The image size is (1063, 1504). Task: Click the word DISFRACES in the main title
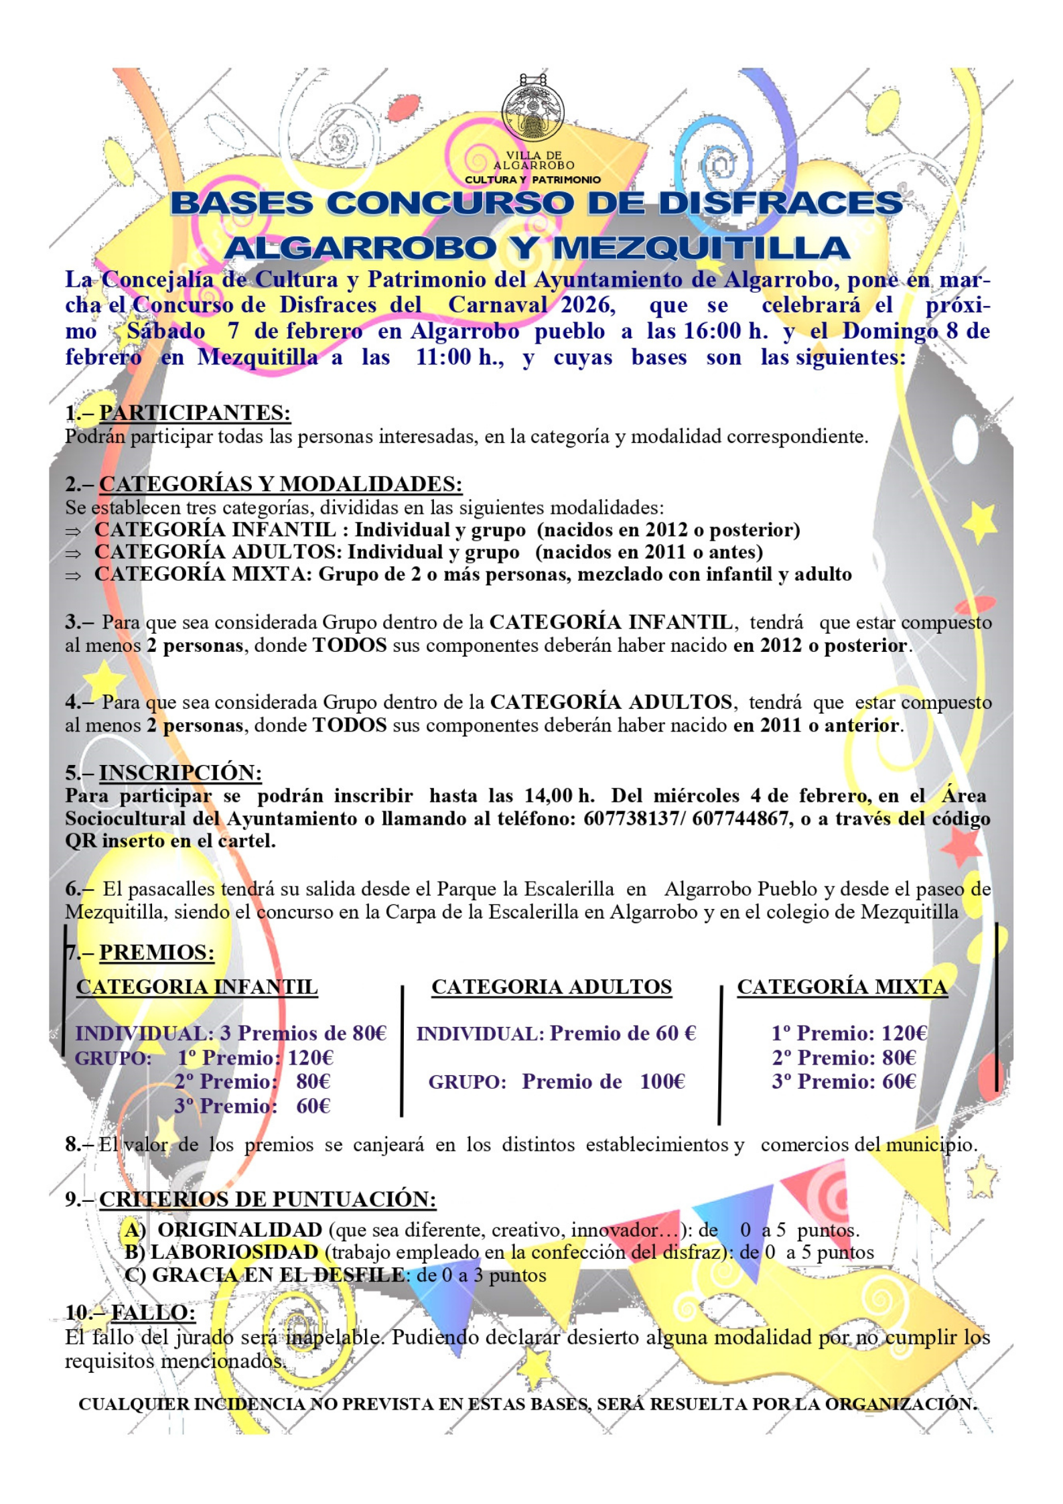(780, 204)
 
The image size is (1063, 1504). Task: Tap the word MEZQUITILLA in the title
(701, 249)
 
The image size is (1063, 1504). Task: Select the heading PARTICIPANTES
(194, 413)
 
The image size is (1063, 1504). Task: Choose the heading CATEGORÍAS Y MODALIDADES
(281, 484)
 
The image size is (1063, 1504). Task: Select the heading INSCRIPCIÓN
(180, 772)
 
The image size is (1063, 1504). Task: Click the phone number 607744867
(740, 819)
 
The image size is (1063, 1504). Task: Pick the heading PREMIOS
(157, 952)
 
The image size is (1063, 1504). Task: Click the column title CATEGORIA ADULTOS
(551, 987)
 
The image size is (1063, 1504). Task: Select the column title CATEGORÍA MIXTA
(842, 987)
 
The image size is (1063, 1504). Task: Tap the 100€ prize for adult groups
(662, 1082)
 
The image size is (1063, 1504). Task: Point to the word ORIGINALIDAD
(240, 1230)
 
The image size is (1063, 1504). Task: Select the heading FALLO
(153, 1312)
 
